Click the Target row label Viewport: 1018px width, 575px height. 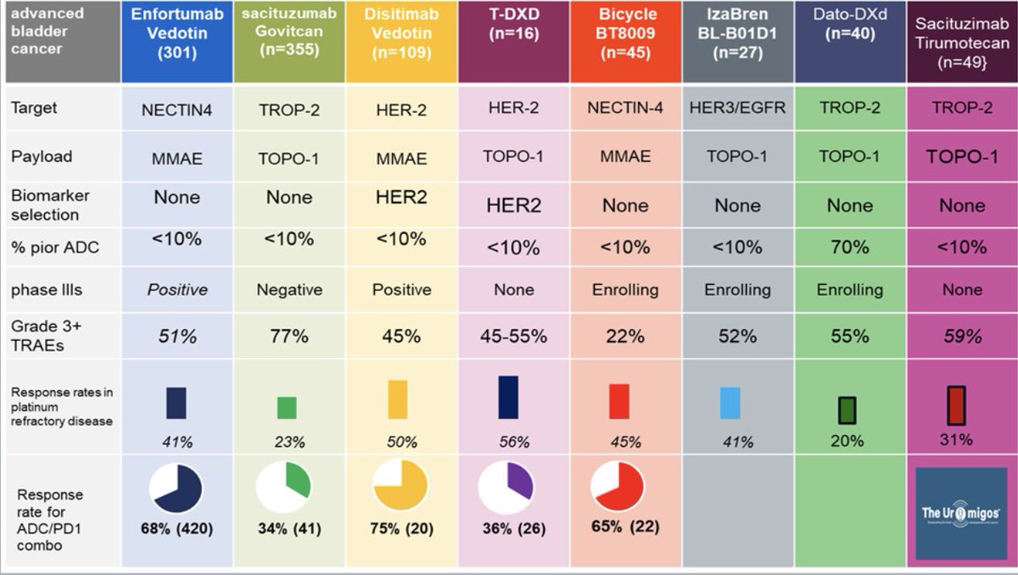pyautogui.click(x=35, y=109)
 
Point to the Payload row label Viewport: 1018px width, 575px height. pyautogui.click(x=42, y=156)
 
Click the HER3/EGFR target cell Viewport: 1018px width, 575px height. pyautogui.click(x=737, y=109)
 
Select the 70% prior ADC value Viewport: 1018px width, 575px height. pyautogui.click(x=849, y=247)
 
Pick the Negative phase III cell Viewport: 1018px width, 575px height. pyautogui.click(x=289, y=290)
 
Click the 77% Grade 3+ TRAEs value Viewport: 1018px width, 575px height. pyautogui.click(x=289, y=336)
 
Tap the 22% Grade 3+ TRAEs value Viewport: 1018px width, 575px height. pyautogui.click(x=624, y=336)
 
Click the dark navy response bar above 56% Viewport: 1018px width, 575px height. pyautogui.click(x=509, y=397)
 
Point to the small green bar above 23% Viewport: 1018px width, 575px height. pyautogui.click(x=288, y=408)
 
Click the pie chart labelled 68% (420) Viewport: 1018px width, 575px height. pyautogui.click(x=176, y=489)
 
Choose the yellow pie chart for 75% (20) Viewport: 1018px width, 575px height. pyautogui.click(x=400, y=489)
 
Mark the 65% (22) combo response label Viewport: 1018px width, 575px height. pyautogui.click(x=624, y=526)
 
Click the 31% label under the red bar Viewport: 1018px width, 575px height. pyautogui.click(x=956, y=439)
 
